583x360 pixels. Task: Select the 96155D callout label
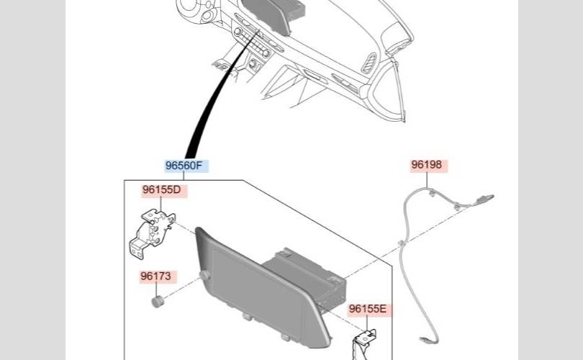[161, 191]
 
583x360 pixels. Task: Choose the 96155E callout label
[368, 310]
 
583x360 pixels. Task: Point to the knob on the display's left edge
[206, 276]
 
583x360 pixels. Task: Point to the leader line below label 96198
[428, 181]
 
